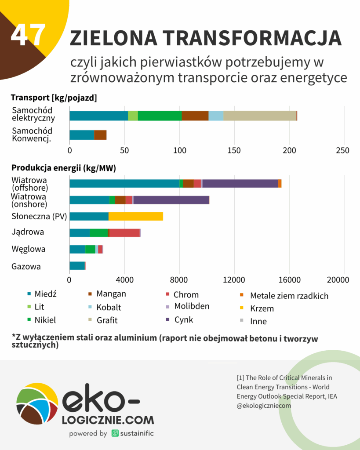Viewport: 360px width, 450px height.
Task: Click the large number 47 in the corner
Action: (28, 34)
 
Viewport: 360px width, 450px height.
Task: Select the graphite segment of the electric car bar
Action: (259, 116)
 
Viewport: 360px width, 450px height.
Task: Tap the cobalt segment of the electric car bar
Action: (216, 116)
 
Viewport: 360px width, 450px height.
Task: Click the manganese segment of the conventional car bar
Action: (100, 135)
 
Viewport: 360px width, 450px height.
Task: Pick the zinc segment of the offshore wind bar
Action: (240, 183)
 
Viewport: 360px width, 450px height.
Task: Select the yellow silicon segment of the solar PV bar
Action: (136, 216)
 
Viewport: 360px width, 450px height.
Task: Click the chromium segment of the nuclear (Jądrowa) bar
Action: (124, 233)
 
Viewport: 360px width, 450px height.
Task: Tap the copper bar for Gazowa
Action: (77, 265)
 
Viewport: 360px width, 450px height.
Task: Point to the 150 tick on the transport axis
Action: (234, 150)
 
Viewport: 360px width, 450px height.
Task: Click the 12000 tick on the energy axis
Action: (234, 280)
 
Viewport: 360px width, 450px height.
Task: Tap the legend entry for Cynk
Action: (183, 319)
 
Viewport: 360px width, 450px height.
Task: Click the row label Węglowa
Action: (29, 249)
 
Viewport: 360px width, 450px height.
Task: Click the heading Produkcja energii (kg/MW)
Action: (63, 168)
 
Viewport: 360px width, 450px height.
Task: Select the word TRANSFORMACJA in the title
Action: (247, 39)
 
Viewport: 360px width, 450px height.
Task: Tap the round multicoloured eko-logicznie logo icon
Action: (37, 403)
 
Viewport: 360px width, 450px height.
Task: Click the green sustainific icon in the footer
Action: (115, 433)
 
